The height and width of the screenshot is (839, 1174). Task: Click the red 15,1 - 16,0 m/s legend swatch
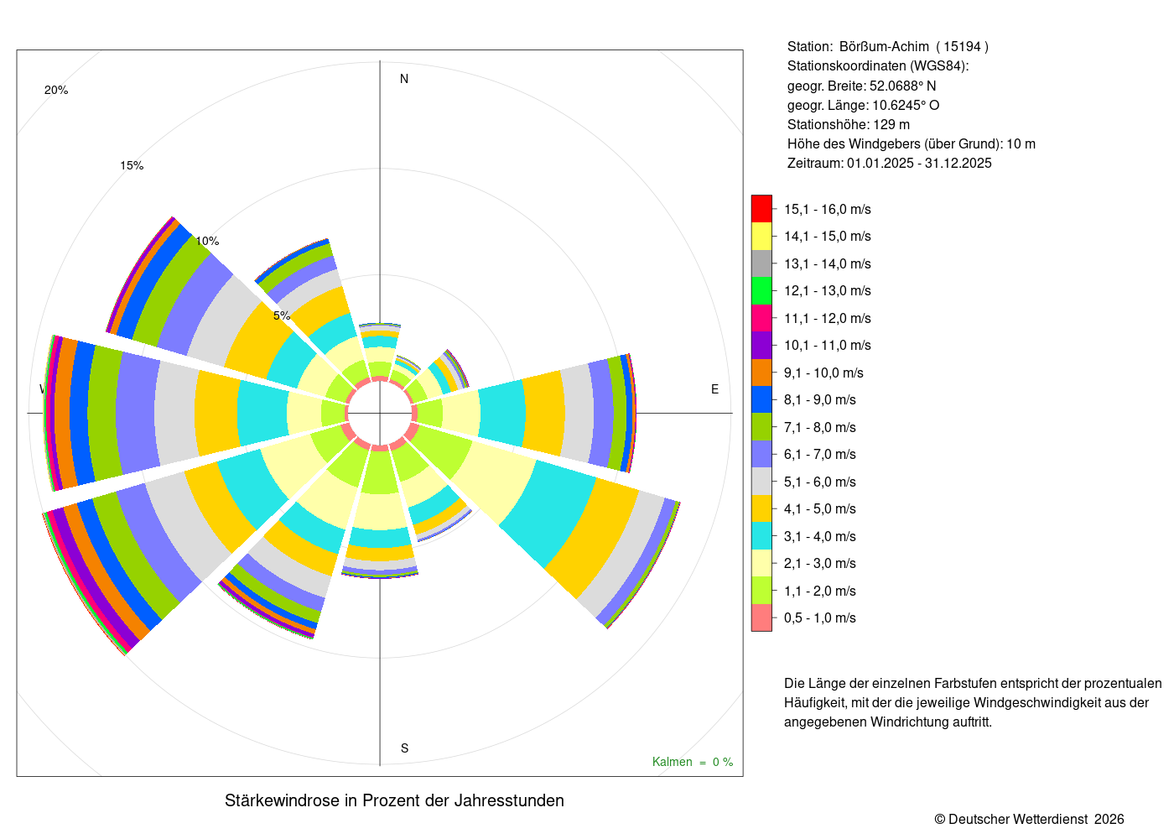(x=761, y=209)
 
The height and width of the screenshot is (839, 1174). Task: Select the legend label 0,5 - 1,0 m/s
(x=820, y=618)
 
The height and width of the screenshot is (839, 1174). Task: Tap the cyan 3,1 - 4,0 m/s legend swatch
(x=761, y=536)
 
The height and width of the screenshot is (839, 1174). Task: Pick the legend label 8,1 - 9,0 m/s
(x=820, y=399)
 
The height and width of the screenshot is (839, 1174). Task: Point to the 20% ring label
(x=56, y=91)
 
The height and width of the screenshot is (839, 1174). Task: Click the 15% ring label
(x=132, y=166)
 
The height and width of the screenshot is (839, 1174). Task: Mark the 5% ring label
(x=282, y=315)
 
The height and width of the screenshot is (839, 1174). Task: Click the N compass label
(x=404, y=79)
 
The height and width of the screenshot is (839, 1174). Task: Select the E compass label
(x=714, y=389)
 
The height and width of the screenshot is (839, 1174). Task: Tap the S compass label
(x=404, y=748)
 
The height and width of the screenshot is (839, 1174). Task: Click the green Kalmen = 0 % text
(x=693, y=762)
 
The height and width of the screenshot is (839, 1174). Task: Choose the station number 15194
(x=962, y=47)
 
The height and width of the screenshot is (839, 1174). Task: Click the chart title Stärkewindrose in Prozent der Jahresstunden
(x=394, y=800)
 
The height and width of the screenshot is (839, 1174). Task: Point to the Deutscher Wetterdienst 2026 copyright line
(x=1030, y=819)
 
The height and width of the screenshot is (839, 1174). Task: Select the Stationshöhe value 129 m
(x=891, y=124)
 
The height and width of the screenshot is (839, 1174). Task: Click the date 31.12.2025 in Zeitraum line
(x=958, y=163)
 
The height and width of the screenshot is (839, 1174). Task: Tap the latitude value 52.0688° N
(x=902, y=86)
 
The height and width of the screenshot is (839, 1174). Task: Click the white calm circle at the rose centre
(x=380, y=413)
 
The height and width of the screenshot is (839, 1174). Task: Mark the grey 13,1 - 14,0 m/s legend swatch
(x=761, y=263)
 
